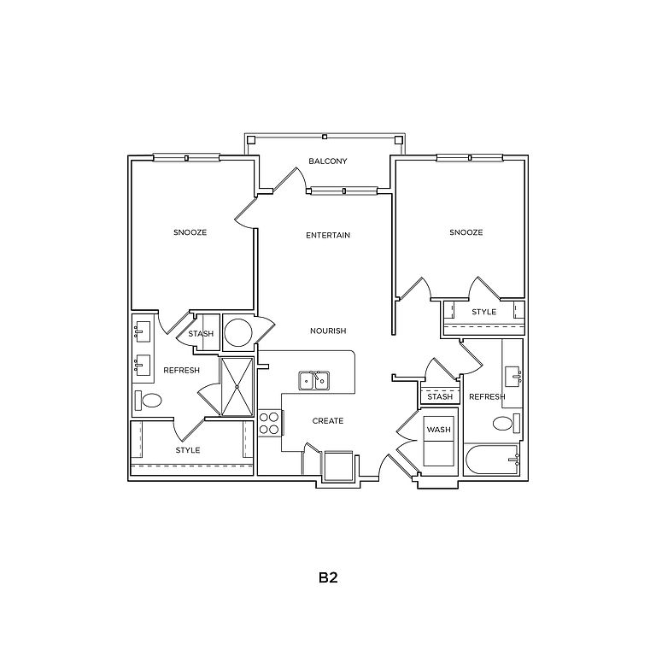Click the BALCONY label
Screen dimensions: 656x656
328,161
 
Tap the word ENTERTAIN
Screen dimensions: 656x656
328,236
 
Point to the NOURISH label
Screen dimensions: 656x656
328,331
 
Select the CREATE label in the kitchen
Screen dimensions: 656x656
328,421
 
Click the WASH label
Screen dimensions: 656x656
439,430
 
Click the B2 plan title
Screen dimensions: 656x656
328,577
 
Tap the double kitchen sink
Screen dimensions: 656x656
314,381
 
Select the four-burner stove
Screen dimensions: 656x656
270,423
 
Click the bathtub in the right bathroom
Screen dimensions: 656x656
493,459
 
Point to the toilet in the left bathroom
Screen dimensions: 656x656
149,401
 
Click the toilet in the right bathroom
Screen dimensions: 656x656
507,423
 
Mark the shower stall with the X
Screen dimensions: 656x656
237,387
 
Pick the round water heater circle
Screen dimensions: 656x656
238,332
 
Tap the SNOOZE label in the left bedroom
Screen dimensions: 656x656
190,232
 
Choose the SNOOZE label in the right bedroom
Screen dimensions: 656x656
466,232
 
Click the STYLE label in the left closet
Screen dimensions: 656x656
188,451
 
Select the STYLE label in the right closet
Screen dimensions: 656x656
484,312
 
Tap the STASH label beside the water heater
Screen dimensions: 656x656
201,334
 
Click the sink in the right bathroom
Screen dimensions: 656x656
512,377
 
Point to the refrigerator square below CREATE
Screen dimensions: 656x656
339,466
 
